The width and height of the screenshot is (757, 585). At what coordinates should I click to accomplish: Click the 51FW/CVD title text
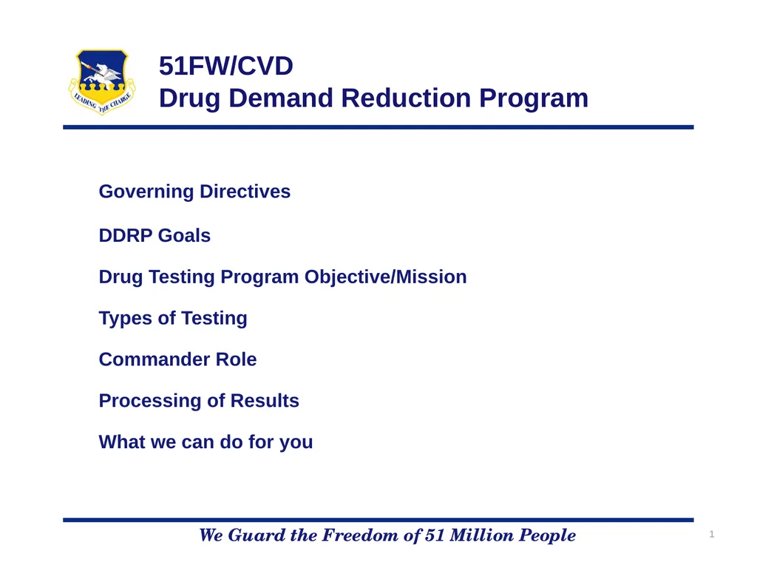pyautogui.click(x=226, y=66)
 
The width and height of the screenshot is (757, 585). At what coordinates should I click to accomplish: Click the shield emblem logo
pyautogui.click(x=102, y=82)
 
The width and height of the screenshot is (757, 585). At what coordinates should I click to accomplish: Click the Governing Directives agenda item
pyautogui.click(x=194, y=192)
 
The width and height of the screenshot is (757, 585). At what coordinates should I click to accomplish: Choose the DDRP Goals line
pyautogui.click(x=155, y=235)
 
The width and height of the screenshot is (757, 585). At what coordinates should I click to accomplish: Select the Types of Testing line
pyautogui.click(x=173, y=319)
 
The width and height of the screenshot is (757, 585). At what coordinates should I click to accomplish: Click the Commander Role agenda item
pyautogui.click(x=177, y=359)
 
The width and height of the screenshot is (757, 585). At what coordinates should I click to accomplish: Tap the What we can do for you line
pyautogui.click(x=206, y=442)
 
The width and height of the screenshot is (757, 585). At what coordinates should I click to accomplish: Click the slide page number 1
pyautogui.click(x=712, y=534)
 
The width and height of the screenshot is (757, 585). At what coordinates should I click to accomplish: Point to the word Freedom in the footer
pyautogui.click(x=362, y=535)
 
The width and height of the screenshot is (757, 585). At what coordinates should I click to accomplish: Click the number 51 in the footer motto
pyautogui.click(x=435, y=535)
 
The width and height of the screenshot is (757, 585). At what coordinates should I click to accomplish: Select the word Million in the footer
pyautogui.click(x=482, y=535)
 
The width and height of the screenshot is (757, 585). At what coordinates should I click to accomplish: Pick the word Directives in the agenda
pyautogui.click(x=245, y=192)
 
